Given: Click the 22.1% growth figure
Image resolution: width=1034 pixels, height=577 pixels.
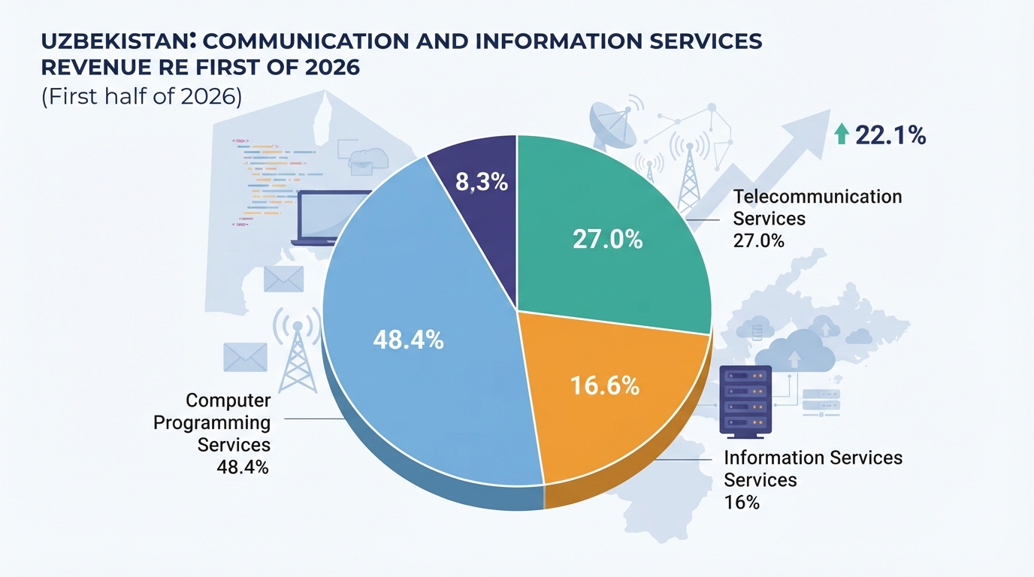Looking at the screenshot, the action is coord(890,135).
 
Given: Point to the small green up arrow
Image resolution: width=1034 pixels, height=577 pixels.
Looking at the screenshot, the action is coord(842,134).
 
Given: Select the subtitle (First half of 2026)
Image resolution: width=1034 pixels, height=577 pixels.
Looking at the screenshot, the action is coord(142,96).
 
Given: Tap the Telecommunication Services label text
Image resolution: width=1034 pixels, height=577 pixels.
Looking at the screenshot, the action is coord(817,207).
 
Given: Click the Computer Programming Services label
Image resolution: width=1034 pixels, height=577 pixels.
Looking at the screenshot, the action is coord(213,422).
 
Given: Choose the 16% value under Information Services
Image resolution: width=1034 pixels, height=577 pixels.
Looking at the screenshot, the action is coord(742,502).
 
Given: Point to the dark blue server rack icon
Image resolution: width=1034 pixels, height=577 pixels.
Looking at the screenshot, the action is coord(745,402).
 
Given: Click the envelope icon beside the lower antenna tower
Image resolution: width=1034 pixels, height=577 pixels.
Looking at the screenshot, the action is coord(246,357).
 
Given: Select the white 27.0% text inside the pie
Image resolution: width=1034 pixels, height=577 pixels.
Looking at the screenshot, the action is coord(607,240).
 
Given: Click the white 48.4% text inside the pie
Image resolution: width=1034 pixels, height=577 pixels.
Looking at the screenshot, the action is coord(409,340).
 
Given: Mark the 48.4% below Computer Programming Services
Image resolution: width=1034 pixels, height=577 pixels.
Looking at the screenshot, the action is coord(243,467).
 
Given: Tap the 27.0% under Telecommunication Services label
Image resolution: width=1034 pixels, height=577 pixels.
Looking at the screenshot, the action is coord(758,240).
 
